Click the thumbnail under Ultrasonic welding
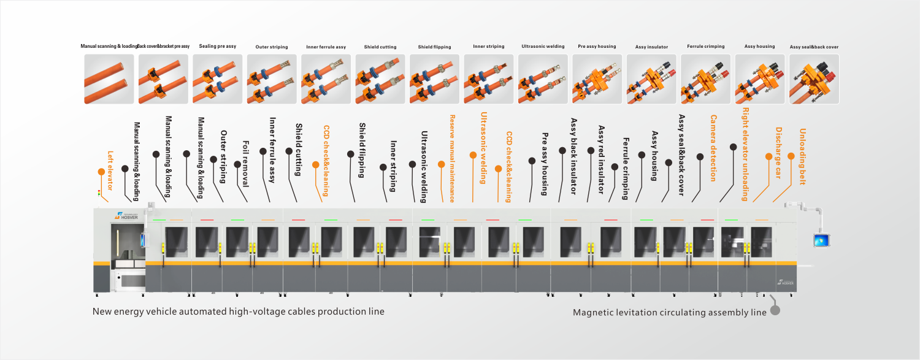point(543,79)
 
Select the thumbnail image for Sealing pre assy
point(218,79)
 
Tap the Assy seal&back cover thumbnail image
point(814,79)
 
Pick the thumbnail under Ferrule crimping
point(705,79)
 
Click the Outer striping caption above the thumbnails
point(272,47)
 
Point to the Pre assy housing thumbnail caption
point(597,47)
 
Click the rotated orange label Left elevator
point(110,170)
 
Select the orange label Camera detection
point(713,148)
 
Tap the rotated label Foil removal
point(245,164)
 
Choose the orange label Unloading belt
point(802,156)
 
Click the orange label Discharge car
point(778,153)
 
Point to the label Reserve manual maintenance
point(452,158)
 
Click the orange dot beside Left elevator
point(101,172)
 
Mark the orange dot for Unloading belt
point(791,156)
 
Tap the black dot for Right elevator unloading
point(733,147)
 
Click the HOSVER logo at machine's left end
point(126,215)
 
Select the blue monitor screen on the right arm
point(822,240)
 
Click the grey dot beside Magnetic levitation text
point(775,310)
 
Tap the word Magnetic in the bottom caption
point(591,312)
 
